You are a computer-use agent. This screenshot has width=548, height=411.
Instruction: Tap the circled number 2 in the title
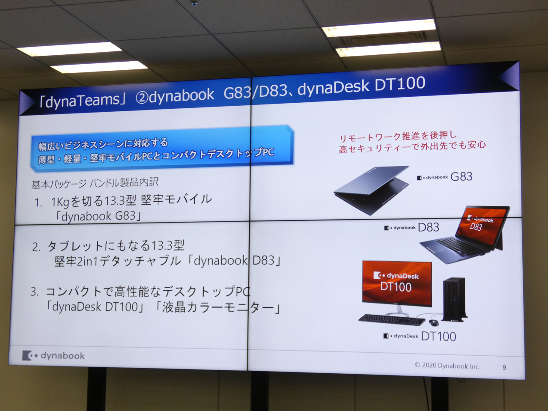(x=142, y=98)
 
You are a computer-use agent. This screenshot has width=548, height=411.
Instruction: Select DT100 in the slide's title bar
(x=400, y=84)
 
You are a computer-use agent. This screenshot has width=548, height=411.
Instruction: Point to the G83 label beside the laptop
(x=462, y=177)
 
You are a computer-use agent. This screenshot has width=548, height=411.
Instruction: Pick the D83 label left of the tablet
(x=429, y=227)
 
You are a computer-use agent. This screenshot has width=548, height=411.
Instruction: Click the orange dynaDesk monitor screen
(x=397, y=283)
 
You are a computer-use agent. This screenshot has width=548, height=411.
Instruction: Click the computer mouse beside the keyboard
(x=434, y=322)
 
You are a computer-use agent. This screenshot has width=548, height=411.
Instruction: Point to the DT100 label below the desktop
(x=439, y=337)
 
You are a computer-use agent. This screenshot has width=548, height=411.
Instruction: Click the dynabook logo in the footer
(x=54, y=356)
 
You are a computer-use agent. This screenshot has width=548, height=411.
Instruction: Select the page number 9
(x=504, y=367)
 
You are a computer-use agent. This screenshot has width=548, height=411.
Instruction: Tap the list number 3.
(x=34, y=292)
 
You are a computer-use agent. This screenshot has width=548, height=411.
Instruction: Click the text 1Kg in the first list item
(x=60, y=202)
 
